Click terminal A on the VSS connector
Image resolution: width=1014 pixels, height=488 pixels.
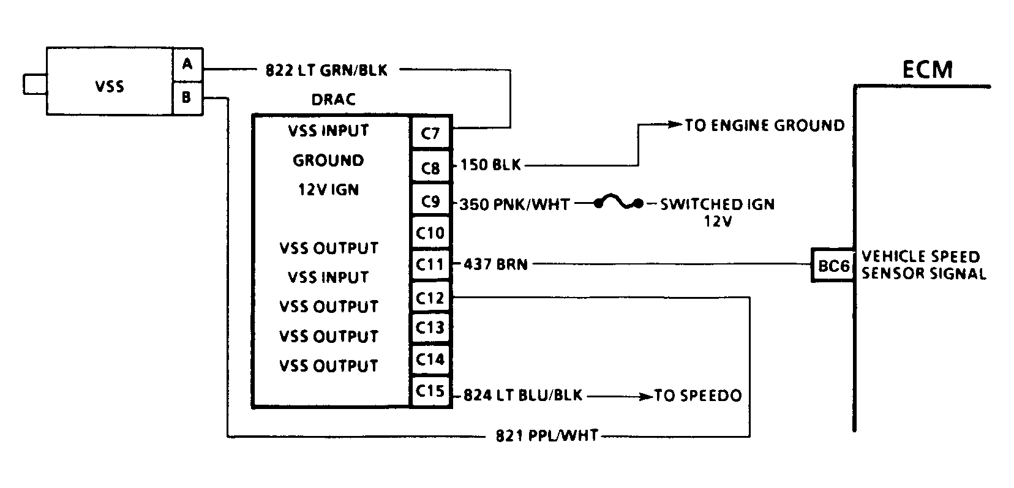click(x=187, y=64)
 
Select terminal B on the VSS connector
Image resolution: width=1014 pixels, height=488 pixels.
click(x=187, y=97)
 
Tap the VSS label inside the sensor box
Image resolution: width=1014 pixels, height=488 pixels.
click(x=110, y=86)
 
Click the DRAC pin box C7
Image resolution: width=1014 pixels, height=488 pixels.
click(x=430, y=132)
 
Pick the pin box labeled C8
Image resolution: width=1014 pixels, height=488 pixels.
click(x=430, y=166)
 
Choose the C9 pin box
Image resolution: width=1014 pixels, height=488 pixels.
click(x=430, y=200)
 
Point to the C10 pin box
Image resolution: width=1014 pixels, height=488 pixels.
click(x=430, y=233)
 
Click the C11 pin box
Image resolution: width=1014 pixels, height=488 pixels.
click(x=430, y=265)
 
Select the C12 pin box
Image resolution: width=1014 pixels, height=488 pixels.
click(x=430, y=298)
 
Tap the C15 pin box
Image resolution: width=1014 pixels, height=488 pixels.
click(x=430, y=390)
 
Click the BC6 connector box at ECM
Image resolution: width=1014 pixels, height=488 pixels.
click(x=833, y=266)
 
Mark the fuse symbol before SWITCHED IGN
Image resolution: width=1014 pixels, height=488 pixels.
click(x=618, y=203)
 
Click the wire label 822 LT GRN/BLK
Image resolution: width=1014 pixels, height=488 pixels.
click(x=326, y=70)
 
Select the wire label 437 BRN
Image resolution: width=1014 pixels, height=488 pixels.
click(x=495, y=265)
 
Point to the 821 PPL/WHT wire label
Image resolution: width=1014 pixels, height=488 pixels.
click(x=546, y=437)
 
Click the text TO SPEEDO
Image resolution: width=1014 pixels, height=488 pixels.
click(x=697, y=396)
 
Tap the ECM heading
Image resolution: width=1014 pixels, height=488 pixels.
click(x=928, y=70)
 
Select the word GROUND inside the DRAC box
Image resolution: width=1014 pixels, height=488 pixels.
click(x=328, y=160)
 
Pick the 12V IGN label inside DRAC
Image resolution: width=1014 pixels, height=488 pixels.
click(x=328, y=190)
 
